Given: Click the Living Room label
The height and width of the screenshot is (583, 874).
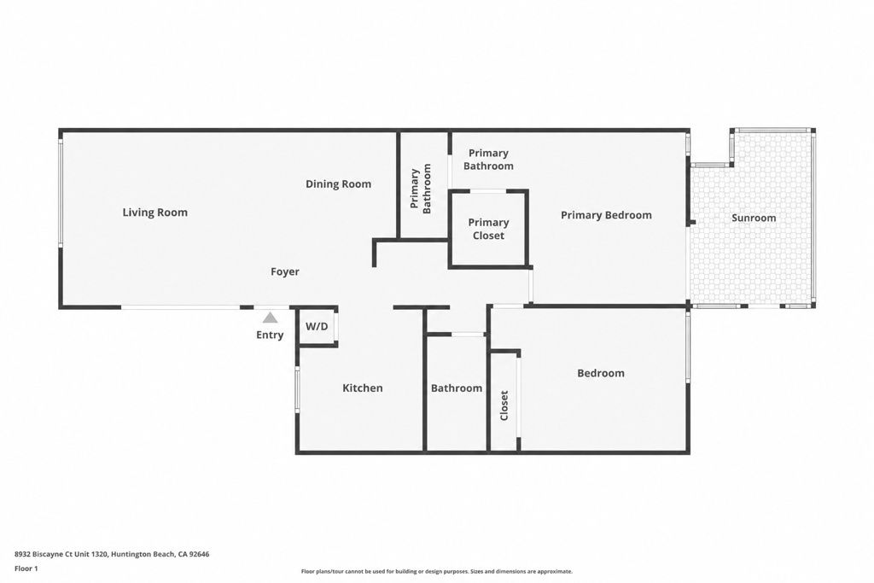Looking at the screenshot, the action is [x=155, y=213].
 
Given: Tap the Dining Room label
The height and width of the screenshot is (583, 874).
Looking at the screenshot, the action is [x=338, y=184].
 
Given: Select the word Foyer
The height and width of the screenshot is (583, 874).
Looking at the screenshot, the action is [x=285, y=272].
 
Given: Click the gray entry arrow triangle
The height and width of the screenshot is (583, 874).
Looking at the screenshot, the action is [x=271, y=318].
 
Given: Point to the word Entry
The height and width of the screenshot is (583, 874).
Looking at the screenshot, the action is [x=270, y=335].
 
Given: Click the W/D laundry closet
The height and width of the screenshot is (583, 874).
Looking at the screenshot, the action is [x=317, y=327].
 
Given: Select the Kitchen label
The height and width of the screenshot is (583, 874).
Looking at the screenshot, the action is [x=362, y=388].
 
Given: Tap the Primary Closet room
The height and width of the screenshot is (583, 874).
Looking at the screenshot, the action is [x=488, y=229].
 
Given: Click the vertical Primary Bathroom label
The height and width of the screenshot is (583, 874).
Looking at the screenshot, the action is [x=422, y=189].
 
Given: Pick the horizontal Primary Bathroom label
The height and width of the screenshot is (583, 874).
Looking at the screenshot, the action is [x=488, y=160].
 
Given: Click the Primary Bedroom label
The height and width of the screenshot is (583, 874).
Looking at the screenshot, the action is [x=606, y=215].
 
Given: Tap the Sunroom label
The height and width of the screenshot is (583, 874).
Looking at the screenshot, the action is [x=754, y=218].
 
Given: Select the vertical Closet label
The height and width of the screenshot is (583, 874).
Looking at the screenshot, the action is [x=504, y=405].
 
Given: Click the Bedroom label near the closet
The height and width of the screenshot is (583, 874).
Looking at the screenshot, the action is [x=601, y=373].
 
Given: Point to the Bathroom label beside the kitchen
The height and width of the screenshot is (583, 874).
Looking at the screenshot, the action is [x=457, y=388].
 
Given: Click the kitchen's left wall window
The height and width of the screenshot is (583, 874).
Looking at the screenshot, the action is [x=297, y=389].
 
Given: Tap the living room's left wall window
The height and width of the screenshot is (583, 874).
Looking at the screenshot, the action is [x=61, y=191].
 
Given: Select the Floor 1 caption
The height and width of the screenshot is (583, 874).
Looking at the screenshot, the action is [x=26, y=568].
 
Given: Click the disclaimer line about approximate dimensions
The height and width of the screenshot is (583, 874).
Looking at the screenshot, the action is [x=436, y=571].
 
